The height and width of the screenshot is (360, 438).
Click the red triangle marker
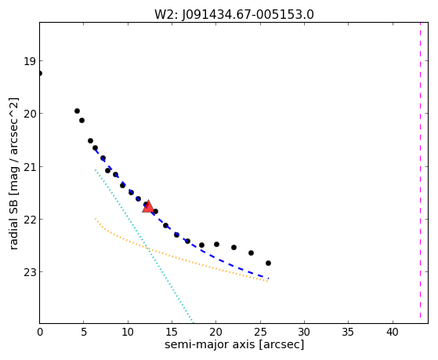click(x=148, y=206)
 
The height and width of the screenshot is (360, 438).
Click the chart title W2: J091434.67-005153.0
click(x=234, y=14)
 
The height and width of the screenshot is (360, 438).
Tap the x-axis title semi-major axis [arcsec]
click(x=234, y=344)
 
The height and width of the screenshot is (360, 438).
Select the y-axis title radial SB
click(x=14, y=173)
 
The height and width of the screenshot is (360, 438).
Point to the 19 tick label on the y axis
click(x=30, y=61)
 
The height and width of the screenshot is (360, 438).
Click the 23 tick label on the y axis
click(x=30, y=272)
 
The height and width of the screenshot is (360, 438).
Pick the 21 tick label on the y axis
click(x=30, y=167)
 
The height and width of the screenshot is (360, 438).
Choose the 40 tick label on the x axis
click(x=393, y=333)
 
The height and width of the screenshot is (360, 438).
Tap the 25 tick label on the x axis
click(x=260, y=333)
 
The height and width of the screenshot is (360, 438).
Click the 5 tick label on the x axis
click(x=84, y=333)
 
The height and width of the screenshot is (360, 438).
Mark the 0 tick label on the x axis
click(x=40, y=333)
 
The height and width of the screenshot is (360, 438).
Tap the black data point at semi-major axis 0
click(x=40, y=73)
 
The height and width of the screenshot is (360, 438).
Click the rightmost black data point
click(x=268, y=263)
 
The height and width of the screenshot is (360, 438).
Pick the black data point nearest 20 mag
click(x=77, y=111)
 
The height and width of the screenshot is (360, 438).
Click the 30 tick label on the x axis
click(x=304, y=333)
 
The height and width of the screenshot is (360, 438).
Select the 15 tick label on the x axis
click(x=172, y=333)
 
